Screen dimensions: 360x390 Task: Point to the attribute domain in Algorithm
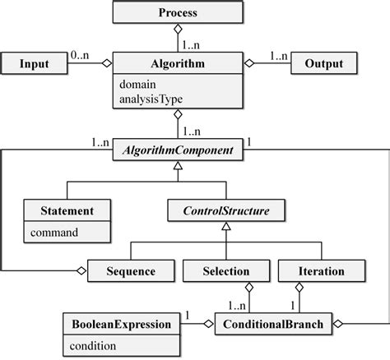(138, 83)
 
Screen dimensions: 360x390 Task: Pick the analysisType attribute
(151, 99)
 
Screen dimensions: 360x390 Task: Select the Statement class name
(67, 210)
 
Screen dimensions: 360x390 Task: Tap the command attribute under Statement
(54, 232)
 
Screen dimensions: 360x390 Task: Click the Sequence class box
(131, 270)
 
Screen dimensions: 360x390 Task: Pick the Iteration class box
(311, 270)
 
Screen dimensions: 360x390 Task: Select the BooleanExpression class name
(119, 324)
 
